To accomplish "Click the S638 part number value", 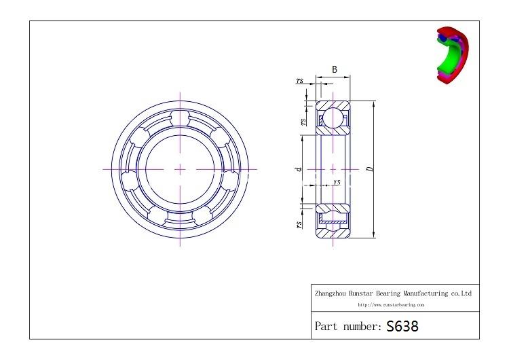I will [x=402, y=326].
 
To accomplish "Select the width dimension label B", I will [x=335, y=70].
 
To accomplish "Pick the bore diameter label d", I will [x=298, y=169].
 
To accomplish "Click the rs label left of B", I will [x=299, y=81].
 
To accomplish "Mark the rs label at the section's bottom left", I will [x=299, y=224].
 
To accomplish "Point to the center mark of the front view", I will [x=180, y=168].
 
